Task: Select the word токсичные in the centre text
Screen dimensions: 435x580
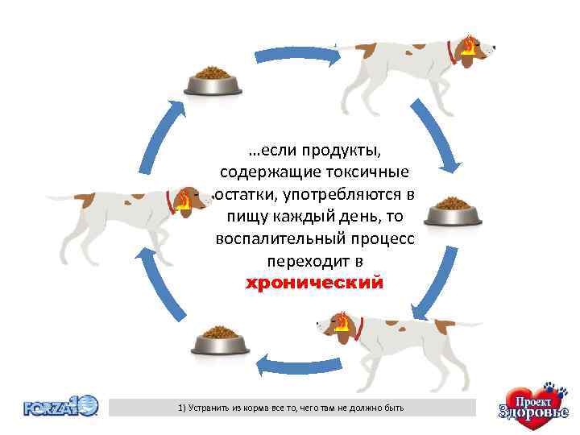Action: [x=368, y=172]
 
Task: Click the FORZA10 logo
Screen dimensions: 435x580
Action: [x=60, y=405]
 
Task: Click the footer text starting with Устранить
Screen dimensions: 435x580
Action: [x=292, y=408]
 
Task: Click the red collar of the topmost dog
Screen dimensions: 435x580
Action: [x=452, y=52]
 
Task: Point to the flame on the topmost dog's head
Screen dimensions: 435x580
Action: [x=468, y=45]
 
